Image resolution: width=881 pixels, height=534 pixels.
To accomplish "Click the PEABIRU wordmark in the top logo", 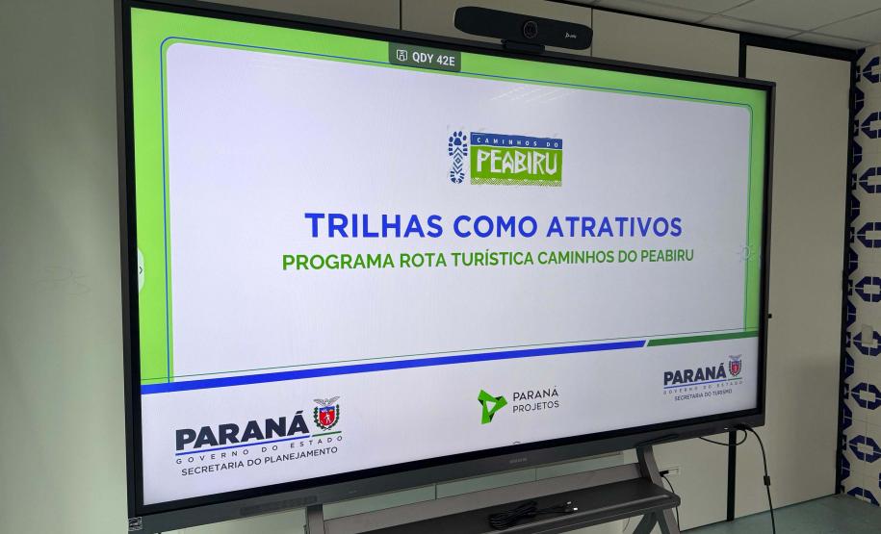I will (x=515, y=163).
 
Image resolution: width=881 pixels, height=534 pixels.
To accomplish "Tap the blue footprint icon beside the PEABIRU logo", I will (x=457, y=157).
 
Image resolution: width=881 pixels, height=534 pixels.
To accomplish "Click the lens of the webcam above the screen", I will (x=530, y=29).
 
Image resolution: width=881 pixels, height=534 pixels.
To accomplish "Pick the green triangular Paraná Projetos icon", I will (x=492, y=406).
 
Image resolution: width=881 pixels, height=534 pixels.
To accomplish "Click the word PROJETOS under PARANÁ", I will (x=535, y=404).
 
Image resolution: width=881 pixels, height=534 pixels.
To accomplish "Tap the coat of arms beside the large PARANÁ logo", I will (x=326, y=416).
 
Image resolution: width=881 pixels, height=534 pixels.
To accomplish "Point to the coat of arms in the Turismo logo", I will (x=735, y=367).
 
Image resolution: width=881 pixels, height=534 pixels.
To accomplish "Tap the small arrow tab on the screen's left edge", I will (x=141, y=269).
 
